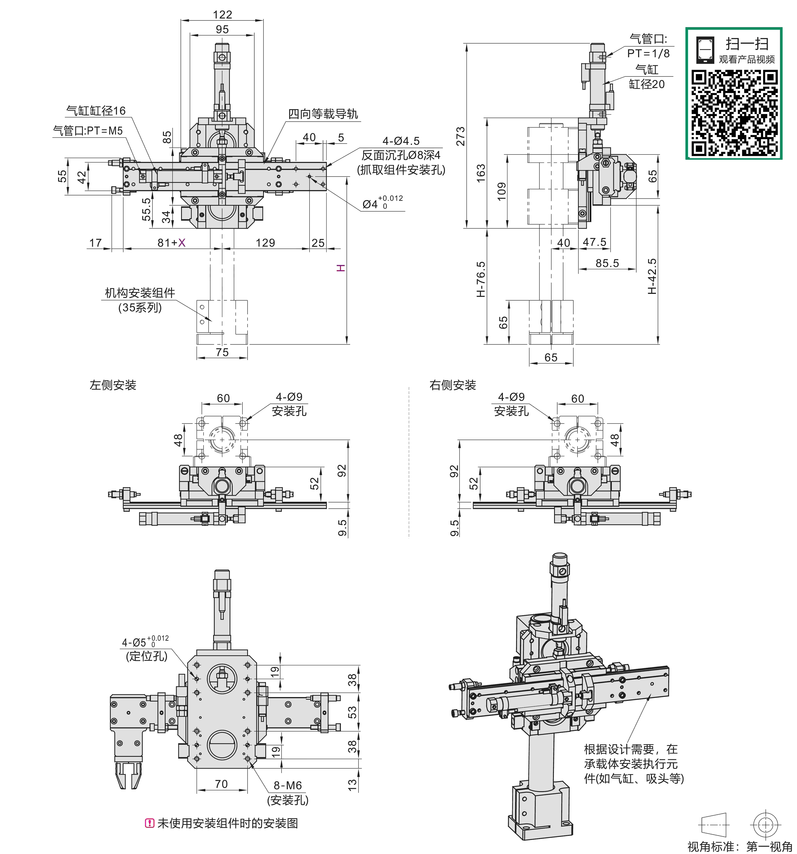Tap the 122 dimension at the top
(x=222, y=15)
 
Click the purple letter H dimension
(x=341, y=268)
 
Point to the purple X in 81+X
(x=182, y=243)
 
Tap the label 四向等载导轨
(x=323, y=114)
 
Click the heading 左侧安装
(x=113, y=385)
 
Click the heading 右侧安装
(x=453, y=385)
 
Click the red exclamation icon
(x=149, y=823)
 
